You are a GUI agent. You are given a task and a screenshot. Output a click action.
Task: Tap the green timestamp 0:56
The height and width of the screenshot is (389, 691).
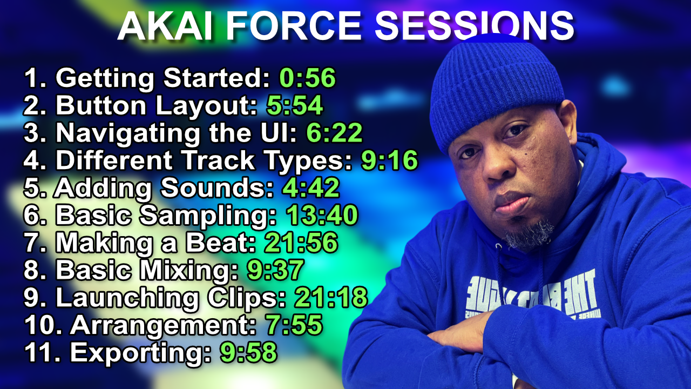[307, 78]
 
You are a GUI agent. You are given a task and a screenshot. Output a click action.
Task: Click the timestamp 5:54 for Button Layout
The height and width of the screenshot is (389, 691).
[295, 106]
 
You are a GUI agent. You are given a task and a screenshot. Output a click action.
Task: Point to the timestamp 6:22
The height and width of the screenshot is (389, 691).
[334, 133]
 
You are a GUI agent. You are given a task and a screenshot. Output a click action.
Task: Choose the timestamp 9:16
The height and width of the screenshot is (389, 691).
[390, 161]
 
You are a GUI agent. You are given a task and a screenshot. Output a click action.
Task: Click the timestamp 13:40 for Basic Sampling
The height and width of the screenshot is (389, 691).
[322, 216]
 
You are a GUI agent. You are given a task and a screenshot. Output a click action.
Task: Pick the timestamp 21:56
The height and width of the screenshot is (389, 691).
[301, 243]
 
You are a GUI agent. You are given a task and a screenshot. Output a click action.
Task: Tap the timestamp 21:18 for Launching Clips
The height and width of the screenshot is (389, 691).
[330, 298]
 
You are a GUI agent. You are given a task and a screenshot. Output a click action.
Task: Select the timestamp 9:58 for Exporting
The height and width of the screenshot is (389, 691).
[248, 353]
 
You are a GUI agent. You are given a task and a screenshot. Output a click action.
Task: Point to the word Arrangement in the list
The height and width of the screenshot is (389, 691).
[162, 325]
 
